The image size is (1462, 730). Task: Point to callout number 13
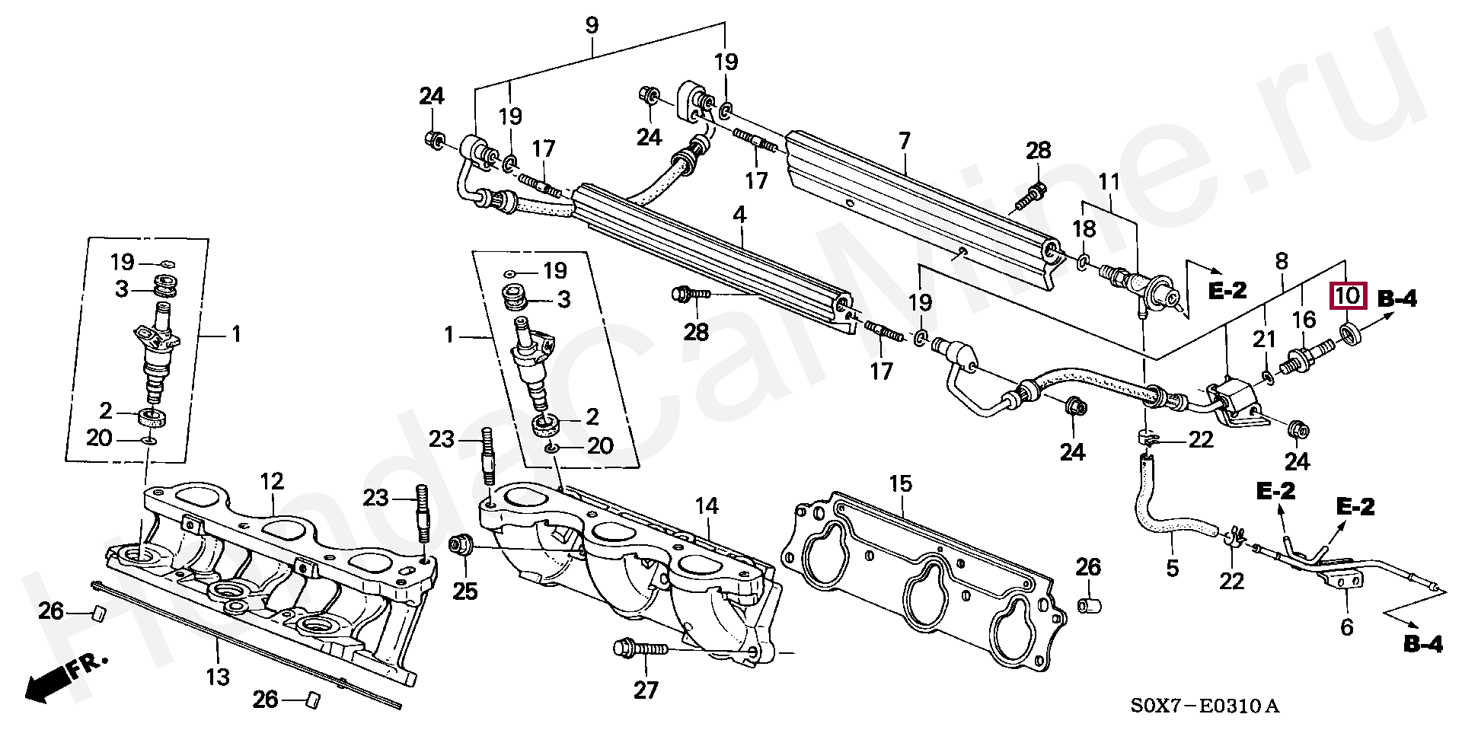point(218,675)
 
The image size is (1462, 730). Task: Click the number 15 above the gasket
point(900,484)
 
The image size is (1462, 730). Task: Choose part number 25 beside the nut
point(465,590)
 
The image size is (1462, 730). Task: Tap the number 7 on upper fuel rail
point(904,142)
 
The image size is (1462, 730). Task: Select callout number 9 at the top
point(592,25)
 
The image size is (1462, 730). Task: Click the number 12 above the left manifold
point(272,481)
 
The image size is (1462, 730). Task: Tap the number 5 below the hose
point(1172,567)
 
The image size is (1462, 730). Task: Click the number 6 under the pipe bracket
point(1346,627)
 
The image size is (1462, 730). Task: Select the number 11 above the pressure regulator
point(1110,183)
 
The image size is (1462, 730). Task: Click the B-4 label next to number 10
point(1397,299)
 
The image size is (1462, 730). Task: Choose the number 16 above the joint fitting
point(1304,318)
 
